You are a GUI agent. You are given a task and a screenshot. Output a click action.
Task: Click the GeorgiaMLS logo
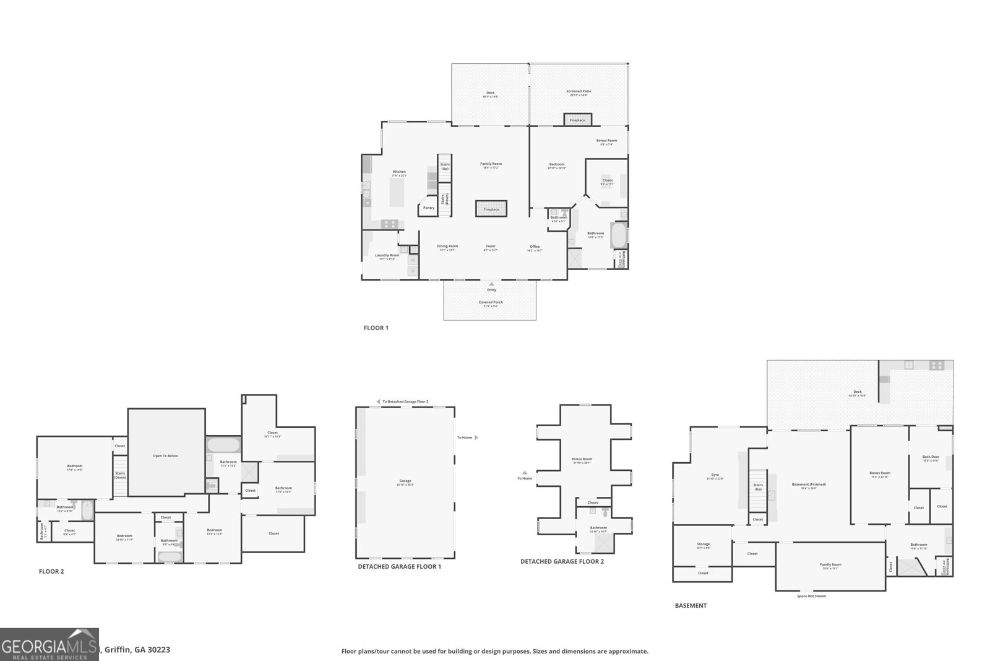49,644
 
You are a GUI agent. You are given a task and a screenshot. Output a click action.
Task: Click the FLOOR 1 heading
376,328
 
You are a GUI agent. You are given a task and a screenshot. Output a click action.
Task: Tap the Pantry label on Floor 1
429,208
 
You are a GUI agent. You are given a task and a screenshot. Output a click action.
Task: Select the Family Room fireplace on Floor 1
491,208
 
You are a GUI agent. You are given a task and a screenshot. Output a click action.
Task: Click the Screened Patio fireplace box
577,119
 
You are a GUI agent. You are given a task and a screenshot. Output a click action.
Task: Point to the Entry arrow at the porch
491,284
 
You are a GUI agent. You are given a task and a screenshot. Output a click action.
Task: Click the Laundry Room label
387,255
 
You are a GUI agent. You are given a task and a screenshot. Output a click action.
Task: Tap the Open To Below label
165,456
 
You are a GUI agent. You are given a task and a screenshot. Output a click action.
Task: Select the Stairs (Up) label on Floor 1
445,167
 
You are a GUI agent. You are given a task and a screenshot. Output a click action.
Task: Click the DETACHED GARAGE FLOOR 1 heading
399,566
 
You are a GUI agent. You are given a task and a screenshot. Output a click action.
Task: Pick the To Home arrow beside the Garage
476,437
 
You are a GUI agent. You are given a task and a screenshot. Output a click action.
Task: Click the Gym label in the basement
715,478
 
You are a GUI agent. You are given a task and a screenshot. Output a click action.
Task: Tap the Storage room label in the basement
704,545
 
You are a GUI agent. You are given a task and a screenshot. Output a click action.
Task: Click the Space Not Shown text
811,596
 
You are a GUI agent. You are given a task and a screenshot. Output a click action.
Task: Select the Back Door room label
931,458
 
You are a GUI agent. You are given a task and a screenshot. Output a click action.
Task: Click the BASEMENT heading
691,605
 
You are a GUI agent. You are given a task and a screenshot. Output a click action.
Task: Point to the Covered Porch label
490,302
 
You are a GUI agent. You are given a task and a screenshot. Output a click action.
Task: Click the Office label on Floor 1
535,247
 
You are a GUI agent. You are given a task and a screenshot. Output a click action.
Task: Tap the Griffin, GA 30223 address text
137,650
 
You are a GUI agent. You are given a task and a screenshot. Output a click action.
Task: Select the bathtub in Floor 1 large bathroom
619,235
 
